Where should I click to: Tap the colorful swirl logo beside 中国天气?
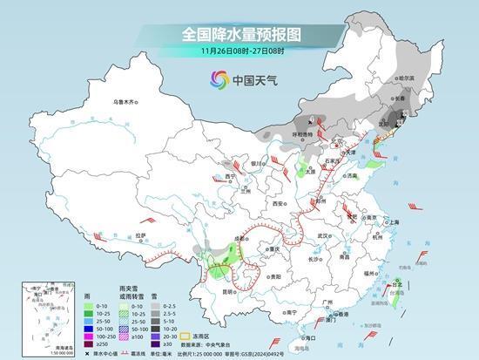213,80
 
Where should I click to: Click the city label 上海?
394,222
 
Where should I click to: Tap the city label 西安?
279,201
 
